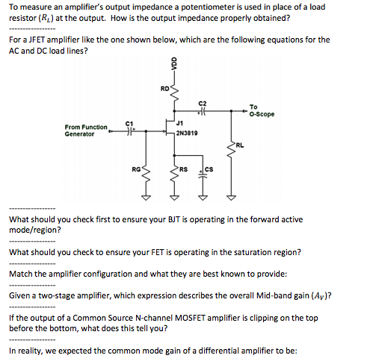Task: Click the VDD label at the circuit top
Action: tap(174, 65)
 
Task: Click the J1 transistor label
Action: tap(180, 121)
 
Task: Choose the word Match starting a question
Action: tap(22, 274)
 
